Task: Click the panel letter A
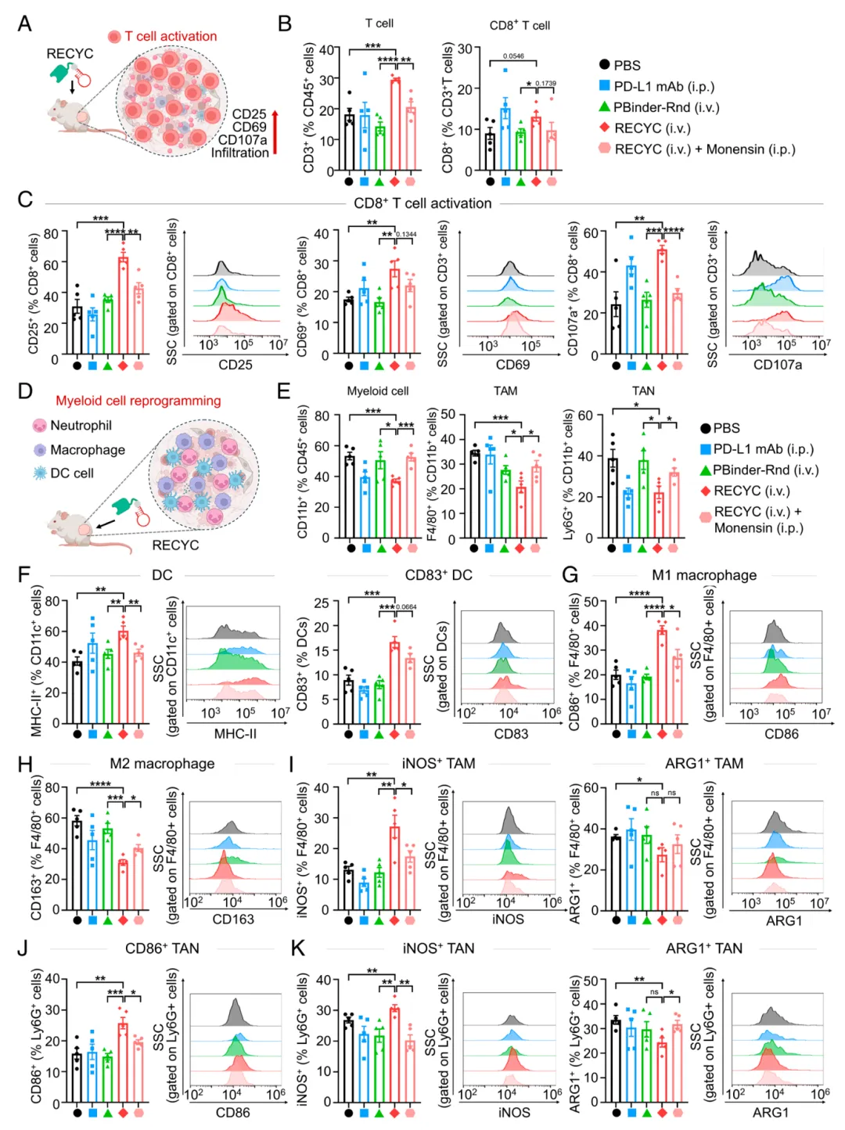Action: pos(25,23)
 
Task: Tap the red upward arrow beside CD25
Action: pos(275,133)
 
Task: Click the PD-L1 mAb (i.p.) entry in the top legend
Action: pos(663,86)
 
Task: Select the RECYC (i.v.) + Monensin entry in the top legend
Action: pos(704,149)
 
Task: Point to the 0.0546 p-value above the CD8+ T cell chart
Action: pos(513,56)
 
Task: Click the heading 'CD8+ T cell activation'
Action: pos(422,203)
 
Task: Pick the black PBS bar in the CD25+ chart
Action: pos(77,329)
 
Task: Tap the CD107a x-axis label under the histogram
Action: pos(777,365)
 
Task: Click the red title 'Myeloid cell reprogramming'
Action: pos(138,401)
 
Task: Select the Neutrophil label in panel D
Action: pos(81,425)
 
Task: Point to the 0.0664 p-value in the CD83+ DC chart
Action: pos(406,607)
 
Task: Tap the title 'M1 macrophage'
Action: pos(704,575)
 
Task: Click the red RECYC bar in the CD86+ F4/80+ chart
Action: pos(662,676)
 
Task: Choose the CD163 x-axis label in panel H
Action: pos(233,919)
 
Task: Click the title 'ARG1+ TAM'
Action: pos(704,763)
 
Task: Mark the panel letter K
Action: pos(297,948)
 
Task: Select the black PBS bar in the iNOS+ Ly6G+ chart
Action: pos(348,1060)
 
